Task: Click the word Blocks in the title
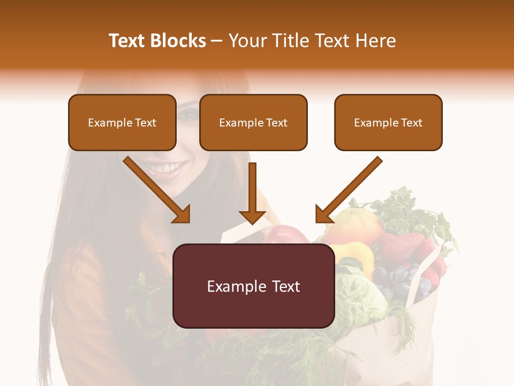coord(178,41)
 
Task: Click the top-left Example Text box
coord(122,122)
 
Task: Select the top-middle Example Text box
coord(253,122)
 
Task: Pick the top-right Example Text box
coord(388,122)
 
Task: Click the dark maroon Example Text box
coord(253,286)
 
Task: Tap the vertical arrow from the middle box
coord(252,193)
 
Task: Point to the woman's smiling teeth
coord(164,169)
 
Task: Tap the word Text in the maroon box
coord(284,286)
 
